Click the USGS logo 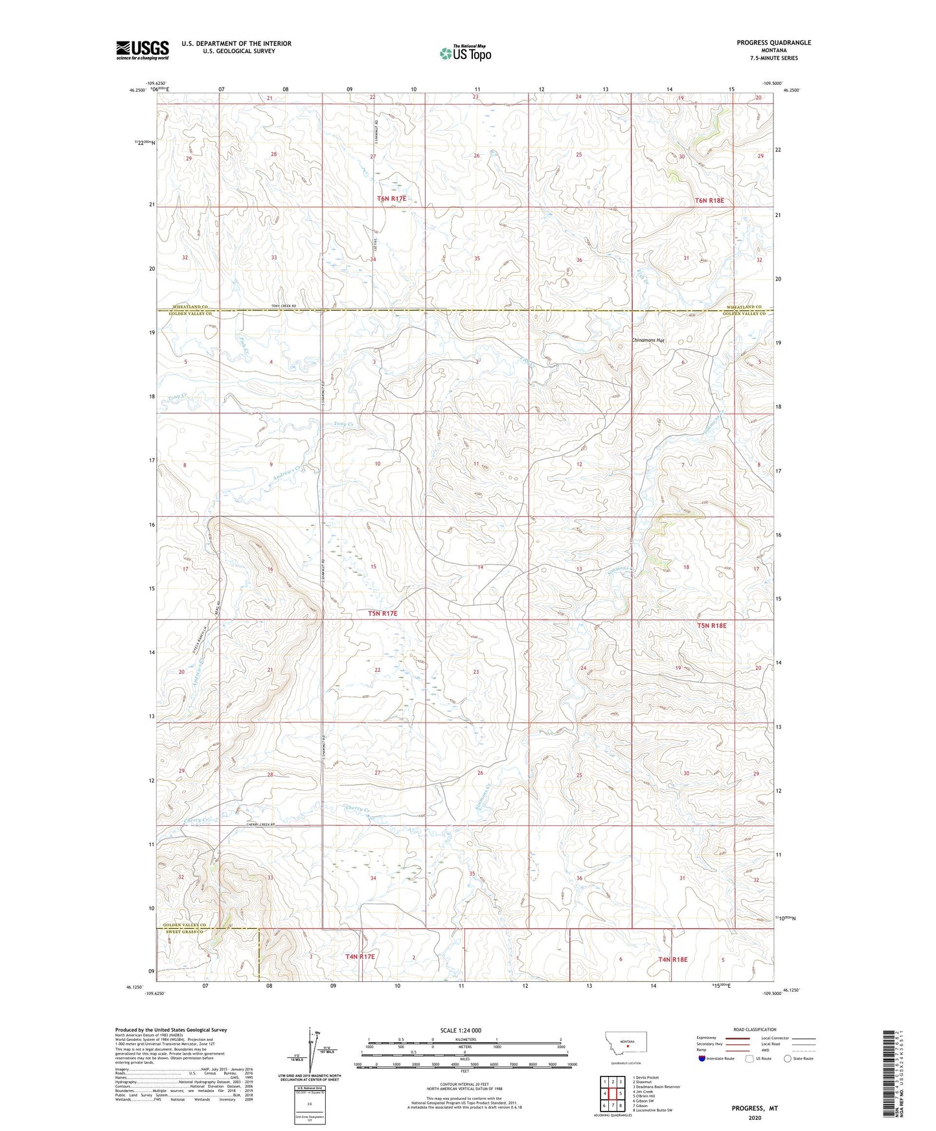[x=142, y=50]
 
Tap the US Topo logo [x=465, y=53]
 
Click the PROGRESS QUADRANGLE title [x=773, y=43]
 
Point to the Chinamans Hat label [x=648, y=340]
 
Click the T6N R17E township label [x=392, y=198]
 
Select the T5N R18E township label [x=712, y=626]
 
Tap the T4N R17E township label [x=360, y=956]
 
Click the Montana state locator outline [x=625, y=1042]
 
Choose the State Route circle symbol [x=788, y=1058]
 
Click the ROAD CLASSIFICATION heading [x=755, y=1029]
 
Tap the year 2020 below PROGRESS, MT [x=755, y=1117]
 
